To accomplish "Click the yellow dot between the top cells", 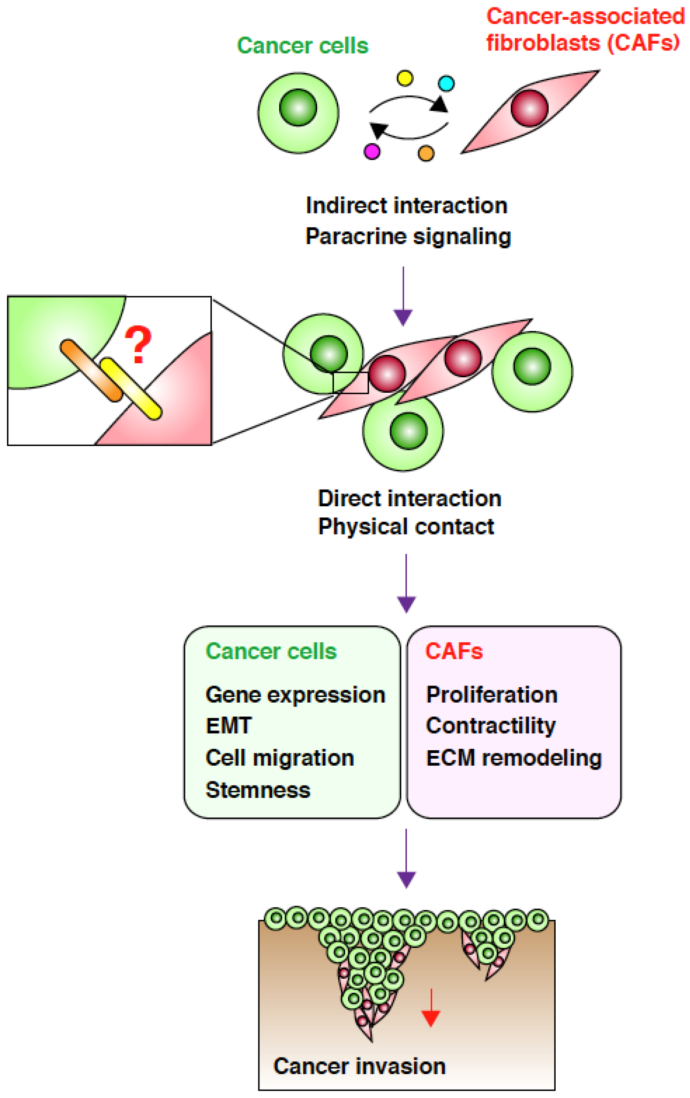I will pyautogui.click(x=405, y=78).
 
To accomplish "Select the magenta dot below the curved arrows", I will pyautogui.click(x=372, y=151).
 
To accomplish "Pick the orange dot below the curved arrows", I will pyautogui.click(x=426, y=153).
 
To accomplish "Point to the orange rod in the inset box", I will pyautogui.click(x=92, y=370).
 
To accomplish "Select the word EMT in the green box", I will pyautogui.click(x=229, y=726).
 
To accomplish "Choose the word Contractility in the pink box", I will pyautogui.click(x=491, y=726).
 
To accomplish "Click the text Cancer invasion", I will pyautogui.click(x=359, y=1067).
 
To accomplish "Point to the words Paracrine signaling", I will pyautogui.click(x=408, y=237).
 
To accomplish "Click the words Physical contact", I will pyautogui.click(x=406, y=527).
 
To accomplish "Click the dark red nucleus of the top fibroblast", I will pyautogui.click(x=529, y=108).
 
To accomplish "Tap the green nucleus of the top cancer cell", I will pyautogui.click(x=298, y=107).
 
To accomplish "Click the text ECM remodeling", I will pyautogui.click(x=513, y=758).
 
